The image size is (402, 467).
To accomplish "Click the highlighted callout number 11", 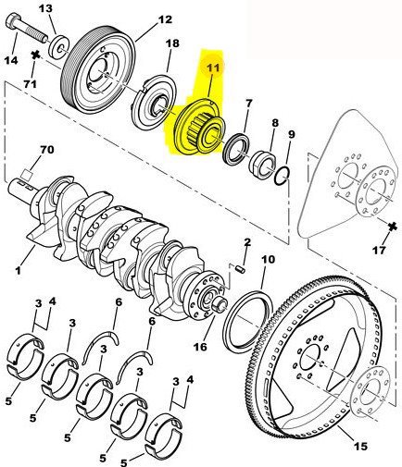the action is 213,68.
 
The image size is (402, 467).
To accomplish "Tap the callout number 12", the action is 165,19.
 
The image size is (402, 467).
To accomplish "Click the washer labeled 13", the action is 59,47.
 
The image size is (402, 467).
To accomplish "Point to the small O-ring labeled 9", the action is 282,176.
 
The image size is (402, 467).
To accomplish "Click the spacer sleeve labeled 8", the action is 263,165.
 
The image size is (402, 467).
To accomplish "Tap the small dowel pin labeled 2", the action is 242,270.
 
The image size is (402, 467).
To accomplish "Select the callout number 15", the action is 360,446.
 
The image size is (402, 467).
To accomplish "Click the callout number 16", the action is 200,347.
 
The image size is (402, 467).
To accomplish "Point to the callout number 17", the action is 379,250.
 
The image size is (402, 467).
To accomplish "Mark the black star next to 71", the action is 36,55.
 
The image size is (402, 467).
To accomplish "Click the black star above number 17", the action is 393,227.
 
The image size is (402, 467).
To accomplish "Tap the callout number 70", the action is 47,150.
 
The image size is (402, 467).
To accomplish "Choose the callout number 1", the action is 18,271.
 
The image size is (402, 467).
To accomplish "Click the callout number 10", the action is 268,259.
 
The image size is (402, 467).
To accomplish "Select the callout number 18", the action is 172,43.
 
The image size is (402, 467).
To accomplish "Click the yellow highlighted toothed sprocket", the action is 198,129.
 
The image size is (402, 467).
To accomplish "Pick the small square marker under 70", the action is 27,176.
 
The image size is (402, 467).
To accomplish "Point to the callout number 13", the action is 45,8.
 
